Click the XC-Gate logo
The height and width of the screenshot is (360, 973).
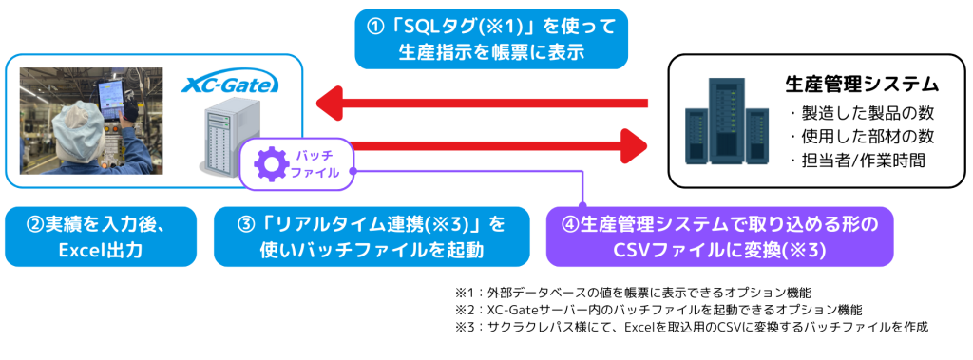coord(230,85)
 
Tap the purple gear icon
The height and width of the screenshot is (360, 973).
coord(268,163)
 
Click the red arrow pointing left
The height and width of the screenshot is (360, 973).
coord(482,103)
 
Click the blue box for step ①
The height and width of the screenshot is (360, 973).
coord(492,39)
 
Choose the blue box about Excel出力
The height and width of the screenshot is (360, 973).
coord(101,237)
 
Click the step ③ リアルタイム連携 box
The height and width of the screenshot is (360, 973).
coord(372,237)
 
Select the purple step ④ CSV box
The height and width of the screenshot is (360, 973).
coord(719,237)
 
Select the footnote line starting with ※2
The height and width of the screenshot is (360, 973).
coord(658,309)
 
